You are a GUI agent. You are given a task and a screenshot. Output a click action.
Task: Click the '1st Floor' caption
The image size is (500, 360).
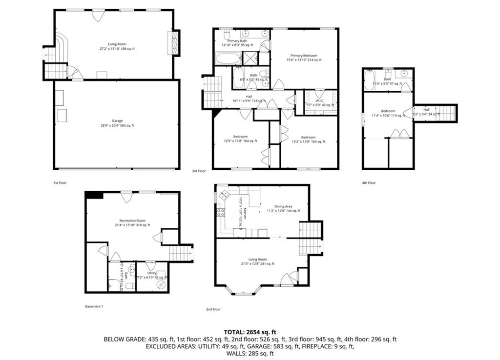(x=60, y=182)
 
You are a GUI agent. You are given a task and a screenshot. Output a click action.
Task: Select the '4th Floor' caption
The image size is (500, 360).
(x=369, y=182)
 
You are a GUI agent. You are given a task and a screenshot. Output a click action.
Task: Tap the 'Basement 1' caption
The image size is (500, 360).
(x=94, y=306)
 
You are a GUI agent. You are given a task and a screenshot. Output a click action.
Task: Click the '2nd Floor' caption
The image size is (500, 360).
(x=213, y=309)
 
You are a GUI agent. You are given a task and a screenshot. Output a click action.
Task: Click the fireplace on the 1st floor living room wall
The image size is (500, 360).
(x=173, y=43)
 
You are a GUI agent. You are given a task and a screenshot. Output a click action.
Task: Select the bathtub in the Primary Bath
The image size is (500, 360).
(x=228, y=60)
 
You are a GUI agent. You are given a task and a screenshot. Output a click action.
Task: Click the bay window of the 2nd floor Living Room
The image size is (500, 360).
(x=243, y=291)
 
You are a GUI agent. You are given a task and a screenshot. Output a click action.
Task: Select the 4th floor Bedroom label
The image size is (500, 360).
(x=388, y=113)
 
